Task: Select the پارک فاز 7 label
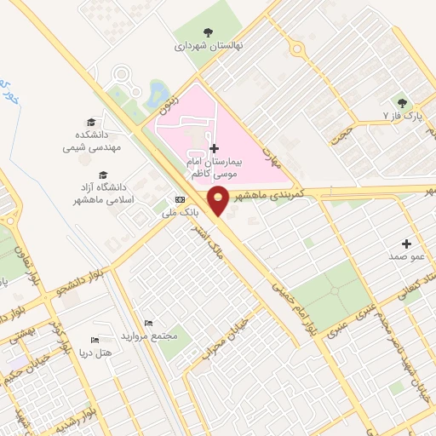click(x=403, y=114)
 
